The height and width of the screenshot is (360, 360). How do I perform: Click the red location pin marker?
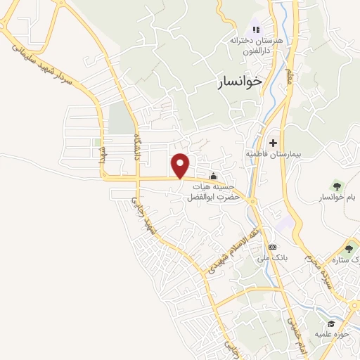click(181, 165)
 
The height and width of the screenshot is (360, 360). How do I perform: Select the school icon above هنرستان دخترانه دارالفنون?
click(256, 30)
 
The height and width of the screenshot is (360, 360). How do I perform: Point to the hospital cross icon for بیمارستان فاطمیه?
click(274, 143)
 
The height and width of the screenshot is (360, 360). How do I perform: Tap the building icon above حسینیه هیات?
click(213, 176)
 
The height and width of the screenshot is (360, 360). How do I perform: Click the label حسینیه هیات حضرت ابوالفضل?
click(212, 192)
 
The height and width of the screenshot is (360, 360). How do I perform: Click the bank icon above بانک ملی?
click(272, 247)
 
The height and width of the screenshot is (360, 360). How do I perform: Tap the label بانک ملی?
click(272, 259)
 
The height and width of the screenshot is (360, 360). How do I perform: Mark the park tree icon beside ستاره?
click(349, 248)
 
